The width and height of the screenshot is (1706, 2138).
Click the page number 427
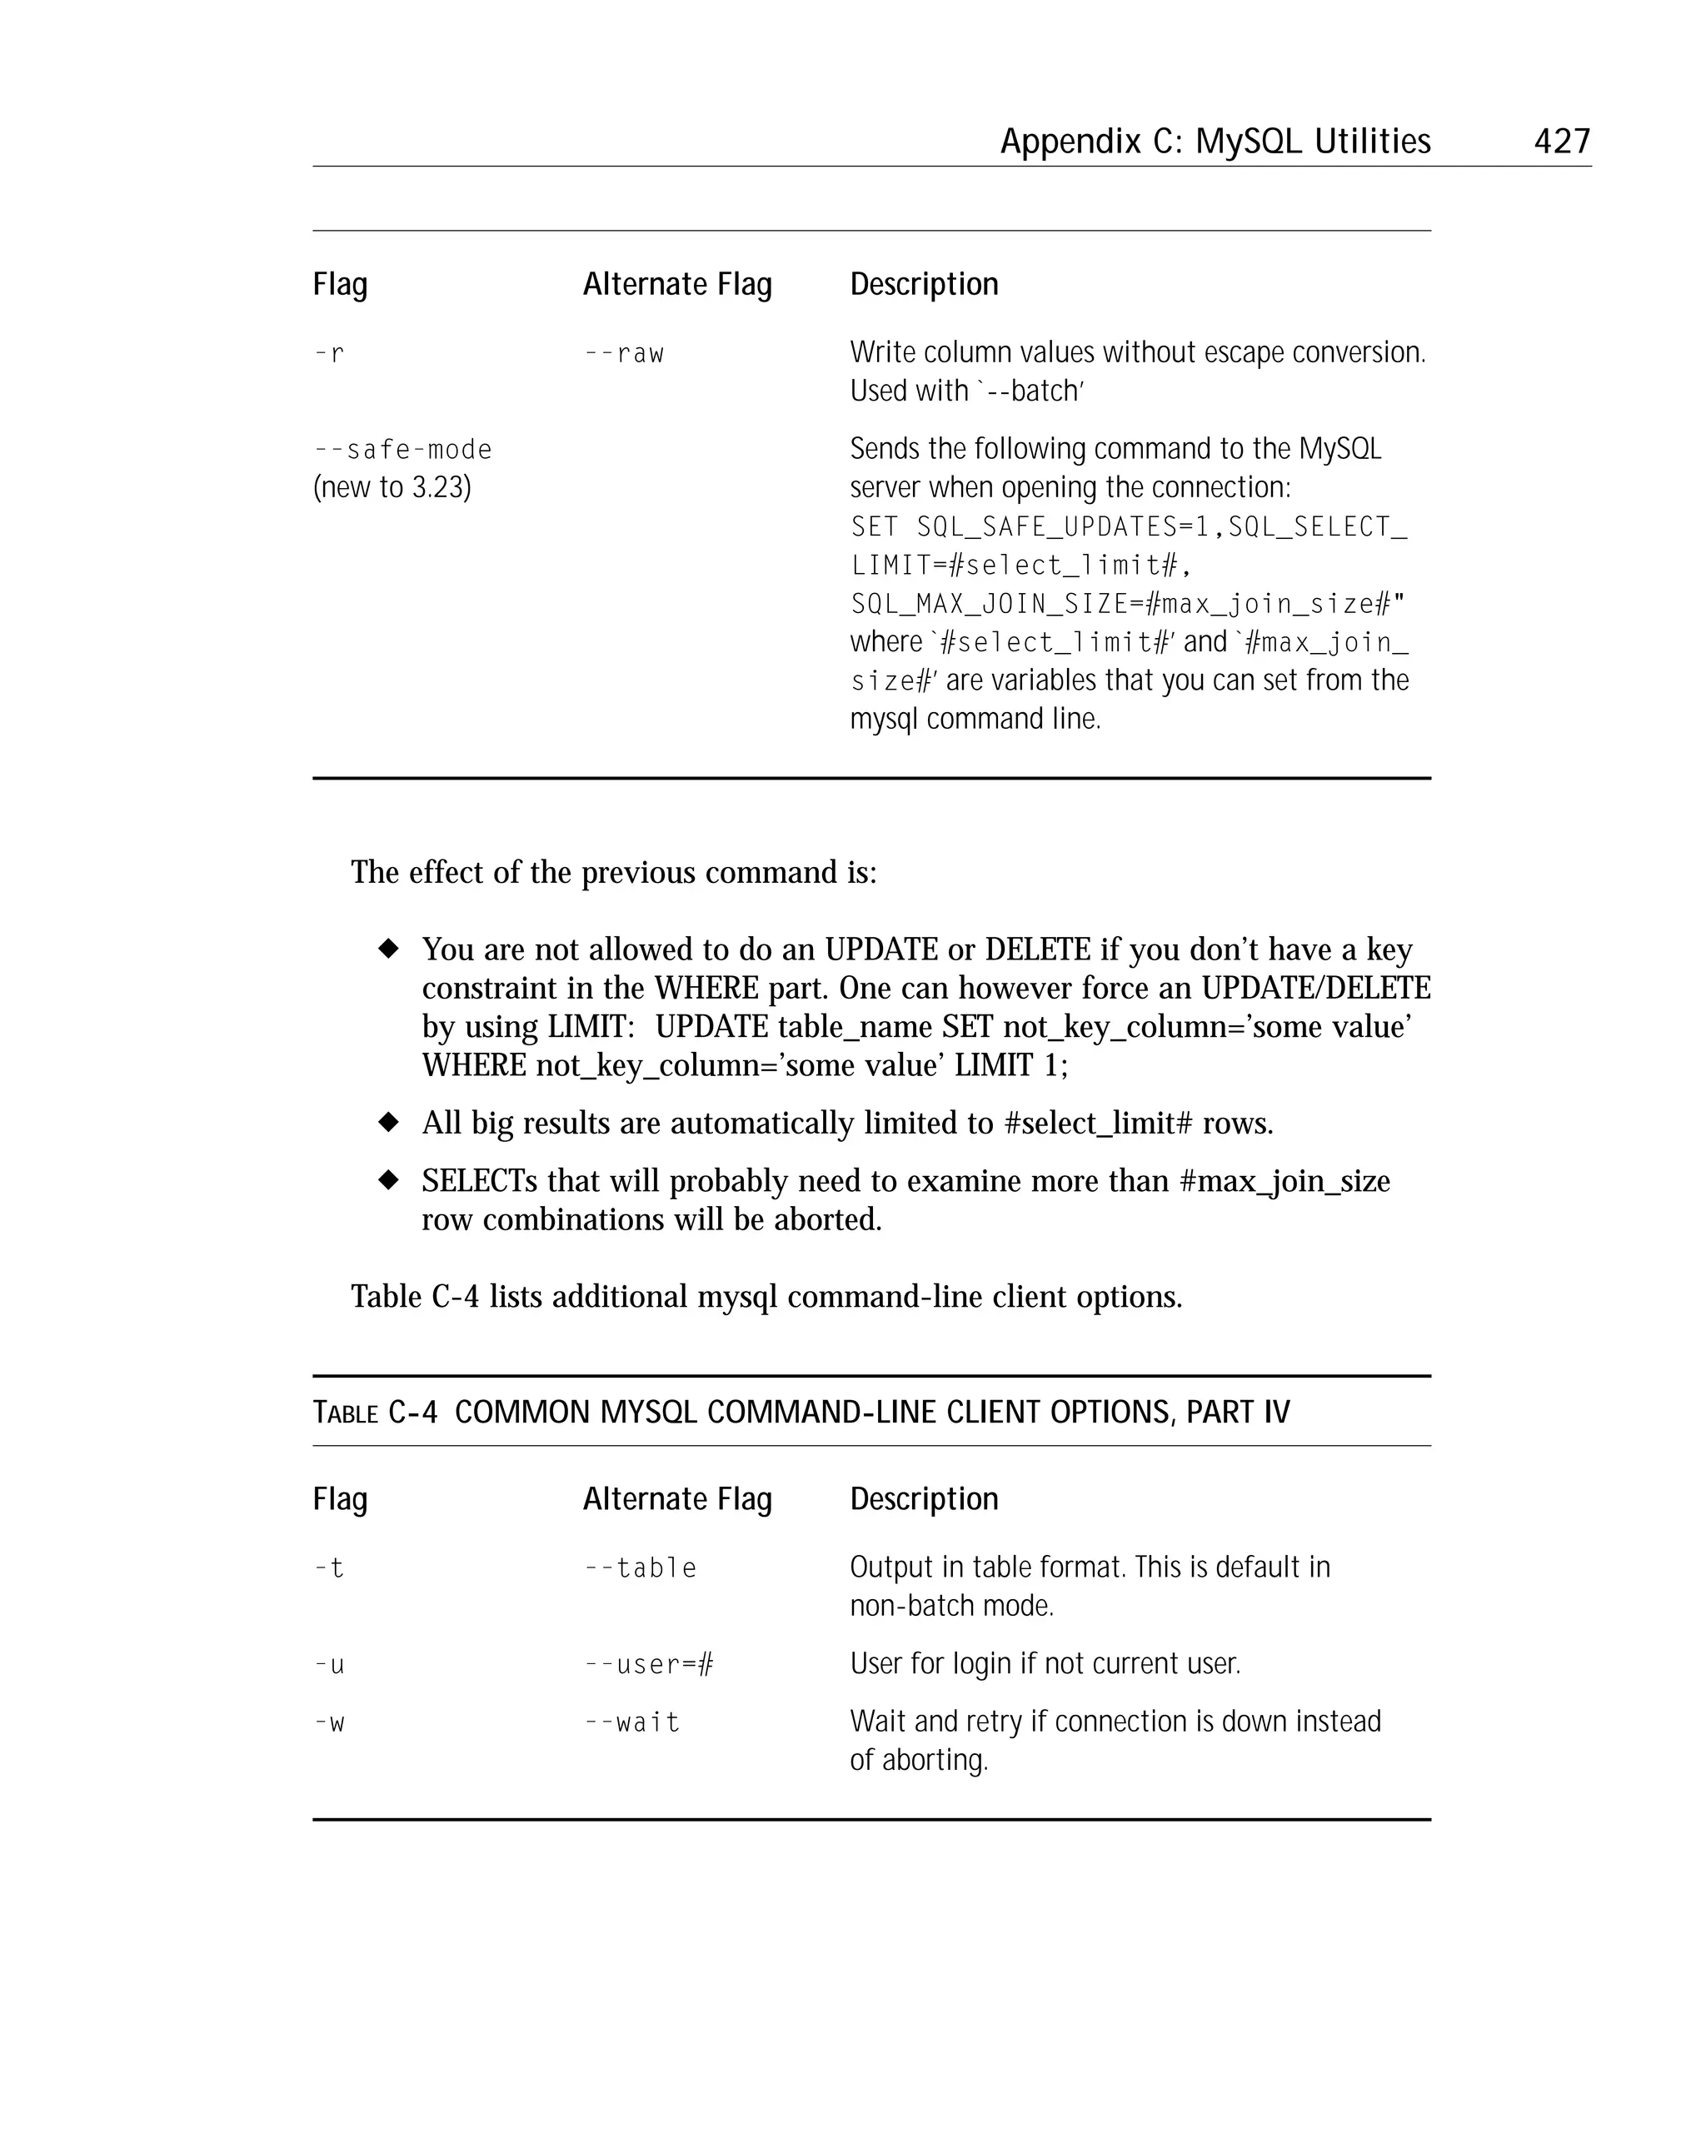(x=1561, y=141)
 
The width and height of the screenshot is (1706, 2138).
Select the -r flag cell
(x=329, y=353)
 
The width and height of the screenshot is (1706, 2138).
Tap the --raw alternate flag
(x=624, y=353)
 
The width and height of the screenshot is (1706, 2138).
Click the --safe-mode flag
(x=402, y=449)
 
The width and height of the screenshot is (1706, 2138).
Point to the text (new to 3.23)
(x=392, y=487)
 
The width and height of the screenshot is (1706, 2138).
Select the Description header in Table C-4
(x=924, y=1498)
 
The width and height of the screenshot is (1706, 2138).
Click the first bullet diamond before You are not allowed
(x=389, y=949)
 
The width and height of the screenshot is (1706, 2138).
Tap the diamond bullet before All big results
(x=389, y=1123)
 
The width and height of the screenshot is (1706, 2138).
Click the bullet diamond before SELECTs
(x=389, y=1180)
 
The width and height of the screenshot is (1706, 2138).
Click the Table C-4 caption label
(x=375, y=1412)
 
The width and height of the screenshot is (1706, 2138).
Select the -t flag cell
(x=329, y=1567)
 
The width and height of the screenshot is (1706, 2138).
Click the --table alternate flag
(x=640, y=1567)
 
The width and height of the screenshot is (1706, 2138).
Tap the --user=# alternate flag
(x=649, y=1664)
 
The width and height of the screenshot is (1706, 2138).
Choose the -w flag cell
(x=329, y=1722)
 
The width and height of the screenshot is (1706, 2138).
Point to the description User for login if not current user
(x=1045, y=1663)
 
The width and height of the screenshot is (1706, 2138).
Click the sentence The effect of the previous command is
(x=613, y=873)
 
